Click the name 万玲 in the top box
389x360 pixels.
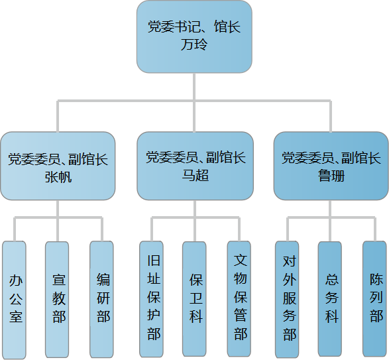pos(194,44)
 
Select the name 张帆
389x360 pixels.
pos(58,177)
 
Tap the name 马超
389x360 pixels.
pos(195,175)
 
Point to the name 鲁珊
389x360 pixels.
pos(331,176)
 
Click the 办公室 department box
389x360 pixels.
pos(14,300)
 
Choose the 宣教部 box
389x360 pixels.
pos(57,300)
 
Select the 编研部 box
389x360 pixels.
pos(101,300)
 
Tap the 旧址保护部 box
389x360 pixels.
pos(151,300)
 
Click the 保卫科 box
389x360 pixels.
pos(194,300)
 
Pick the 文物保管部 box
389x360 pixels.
pos(239,300)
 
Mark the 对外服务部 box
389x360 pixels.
pos(287,300)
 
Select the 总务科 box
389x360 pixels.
pos(330,300)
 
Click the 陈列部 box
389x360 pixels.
pos(374,300)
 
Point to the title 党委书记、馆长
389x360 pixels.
pos(194,27)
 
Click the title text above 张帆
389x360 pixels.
pos(58,159)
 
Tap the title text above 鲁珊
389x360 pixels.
pos(331,158)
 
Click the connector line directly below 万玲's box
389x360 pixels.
pos(194,87)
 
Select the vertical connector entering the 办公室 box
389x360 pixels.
pos(15,229)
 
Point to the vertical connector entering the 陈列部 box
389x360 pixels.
pos(374,229)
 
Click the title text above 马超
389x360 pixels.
pos(195,157)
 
